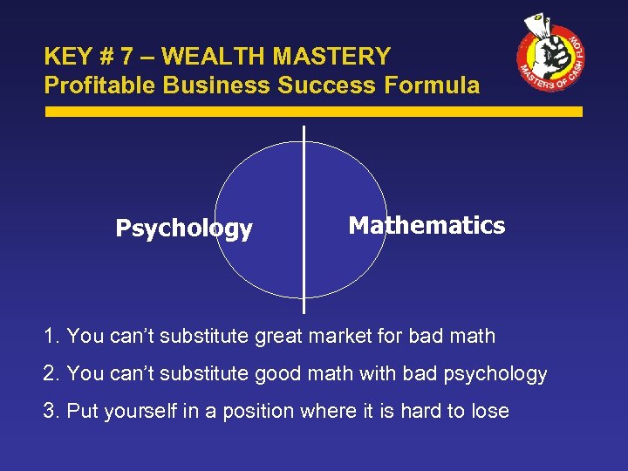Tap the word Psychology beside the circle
click(x=184, y=229)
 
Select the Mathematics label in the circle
click(x=427, y=226)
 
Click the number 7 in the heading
click(x=126, y=58)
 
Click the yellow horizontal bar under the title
click(x=313, y=112)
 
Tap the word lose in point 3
click(x=489, y=412)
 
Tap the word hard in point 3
click(x=420, y=412)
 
